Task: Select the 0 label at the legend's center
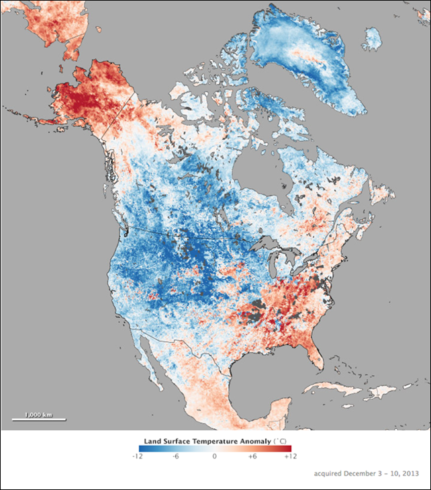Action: coord(215,456)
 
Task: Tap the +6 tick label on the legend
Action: coord(254,456)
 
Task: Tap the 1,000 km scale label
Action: coord(38,414)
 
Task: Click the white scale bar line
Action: coord(38,420)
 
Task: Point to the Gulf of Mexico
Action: coord(262,363)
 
